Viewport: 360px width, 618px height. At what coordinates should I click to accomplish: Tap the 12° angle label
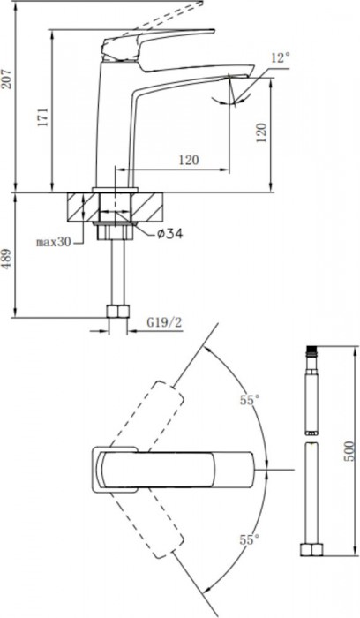pyautogui.click(x=280, y=58)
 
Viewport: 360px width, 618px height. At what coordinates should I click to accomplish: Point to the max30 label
pyautogui.click(x=55, y=241)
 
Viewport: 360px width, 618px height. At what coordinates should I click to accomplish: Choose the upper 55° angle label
pyautogui.click(x=249, y=400)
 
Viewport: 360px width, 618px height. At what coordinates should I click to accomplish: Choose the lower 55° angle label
pyautogui.click(x=249, y=537)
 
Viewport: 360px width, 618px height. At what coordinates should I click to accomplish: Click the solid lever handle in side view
pyautogui.click(x=159, y=41)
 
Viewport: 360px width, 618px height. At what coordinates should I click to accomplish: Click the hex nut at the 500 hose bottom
pyautogui.click(x=310, y=551)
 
